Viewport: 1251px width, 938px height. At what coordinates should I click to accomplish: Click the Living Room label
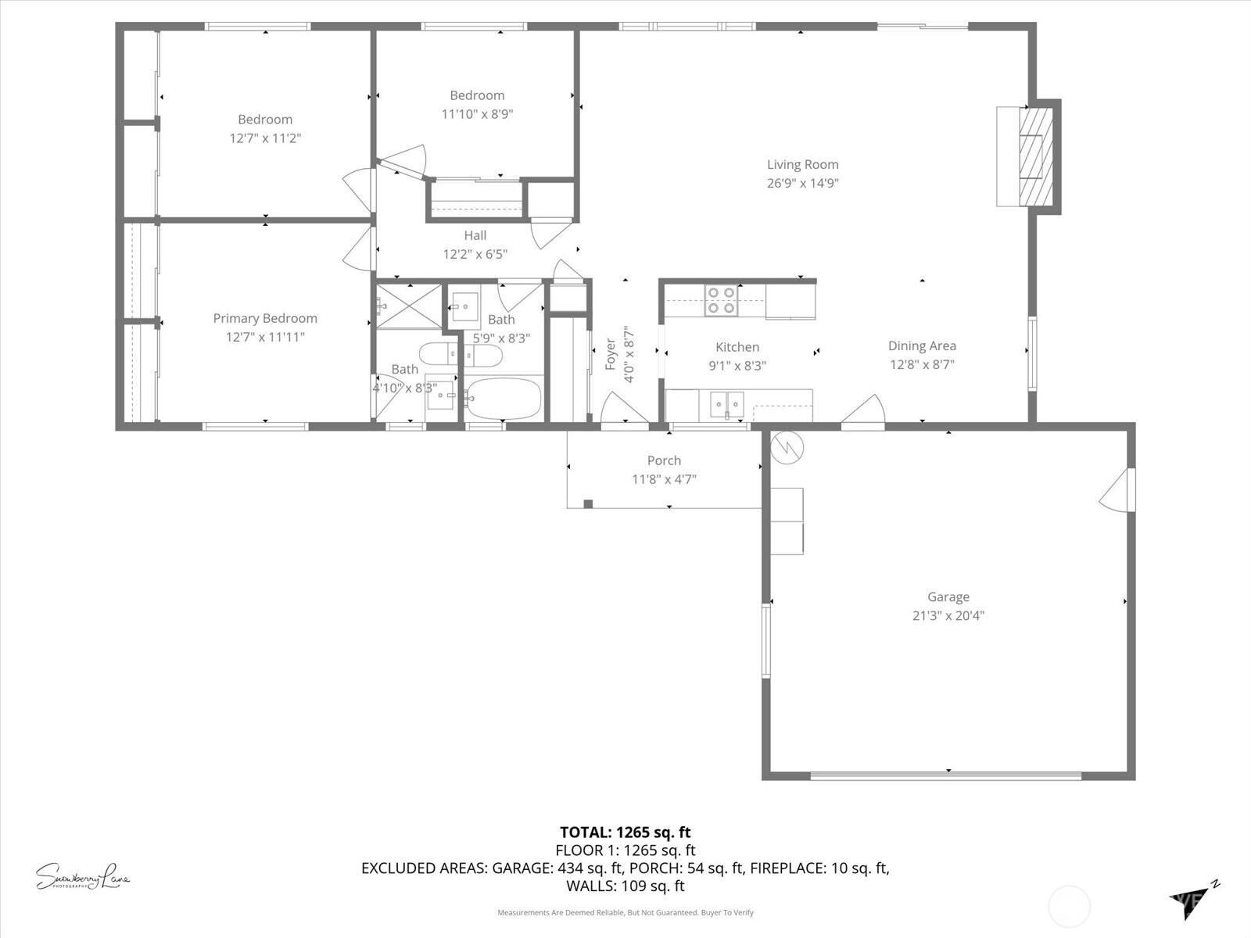click(x=802, y=164)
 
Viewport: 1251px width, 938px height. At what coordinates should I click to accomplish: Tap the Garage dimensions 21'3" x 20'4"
click(x=948, y=615)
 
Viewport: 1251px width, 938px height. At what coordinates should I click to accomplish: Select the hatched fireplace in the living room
click(x=1037, y=156)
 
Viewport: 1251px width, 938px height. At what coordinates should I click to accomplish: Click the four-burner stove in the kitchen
click(x=720, y=300)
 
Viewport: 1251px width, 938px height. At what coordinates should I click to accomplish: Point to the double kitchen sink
click(x=727, y=405)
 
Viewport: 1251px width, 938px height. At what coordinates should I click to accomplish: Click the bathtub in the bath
click(x=503, y=399)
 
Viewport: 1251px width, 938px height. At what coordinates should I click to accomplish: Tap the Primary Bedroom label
click(x=265, y=318)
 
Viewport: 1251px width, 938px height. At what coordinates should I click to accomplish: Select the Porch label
click(x=664, y=460)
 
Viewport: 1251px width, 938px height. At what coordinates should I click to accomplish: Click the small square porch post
click(x=588, y=504)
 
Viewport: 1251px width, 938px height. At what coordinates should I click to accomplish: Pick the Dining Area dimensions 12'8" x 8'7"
click(x=922, y=364)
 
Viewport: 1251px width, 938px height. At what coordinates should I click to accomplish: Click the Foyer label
click(x=611, y=354)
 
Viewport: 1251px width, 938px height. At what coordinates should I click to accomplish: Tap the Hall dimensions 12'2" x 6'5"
click(x=475, y=254)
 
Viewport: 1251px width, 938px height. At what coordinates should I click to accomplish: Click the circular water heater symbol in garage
click(x=787, y=448)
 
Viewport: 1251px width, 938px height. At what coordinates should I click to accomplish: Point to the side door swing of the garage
click(x=1118, y=491)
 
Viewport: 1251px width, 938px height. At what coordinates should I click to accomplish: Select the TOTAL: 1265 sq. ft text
click(x=625, y=832)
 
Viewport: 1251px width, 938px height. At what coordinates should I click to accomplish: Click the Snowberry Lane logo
click(x=83, y=876)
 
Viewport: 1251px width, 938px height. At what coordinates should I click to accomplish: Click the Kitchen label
click(x=737, y=347)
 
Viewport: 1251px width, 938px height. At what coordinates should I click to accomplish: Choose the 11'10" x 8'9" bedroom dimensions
click(x=477, y=114)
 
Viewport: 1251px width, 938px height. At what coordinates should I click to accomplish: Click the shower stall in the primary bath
click(x=409, y=306)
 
